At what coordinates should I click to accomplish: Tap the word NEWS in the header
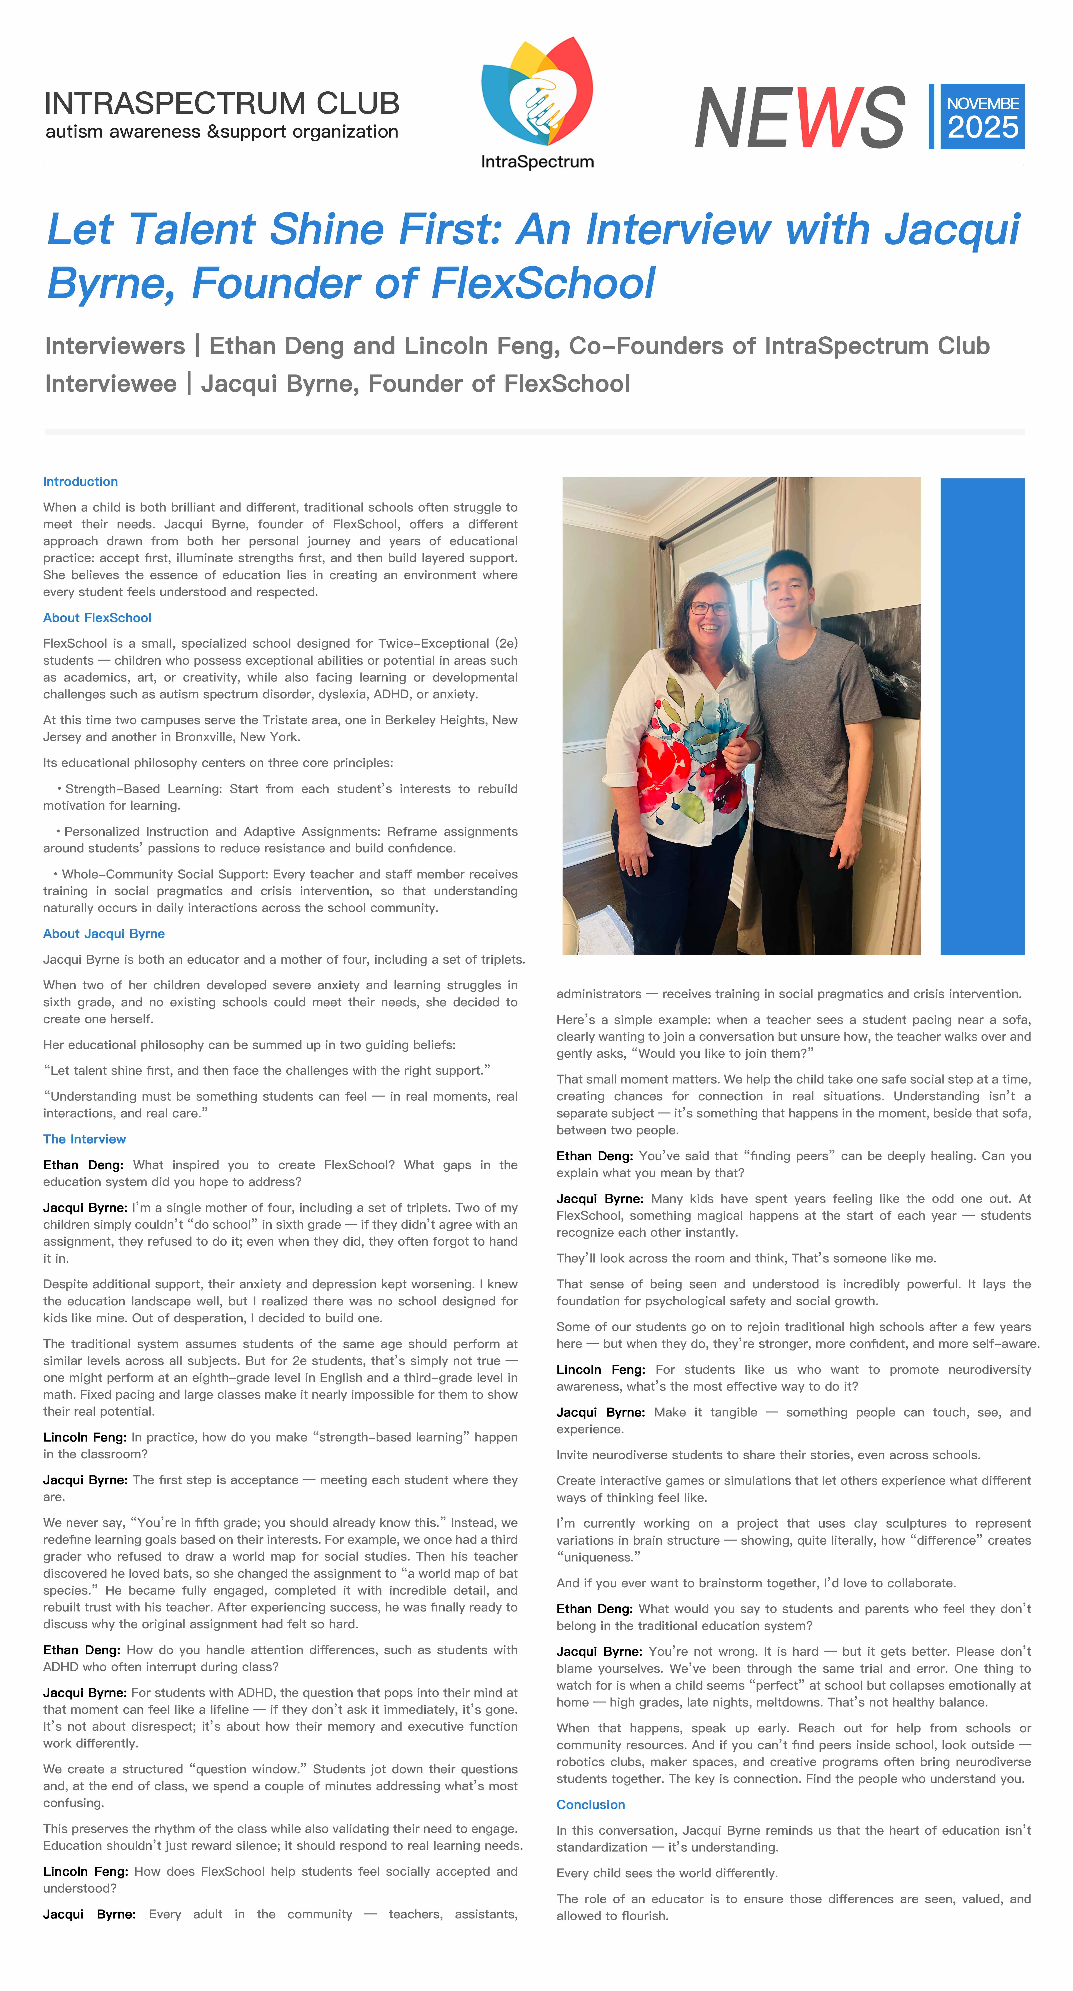pos(799,117)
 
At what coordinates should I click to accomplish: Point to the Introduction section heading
pos(80,482)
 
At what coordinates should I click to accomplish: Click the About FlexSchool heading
pos(97,617)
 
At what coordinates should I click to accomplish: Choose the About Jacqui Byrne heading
pos(104,934)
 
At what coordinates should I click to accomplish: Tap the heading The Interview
pos(84,1139)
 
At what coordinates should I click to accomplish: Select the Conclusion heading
pos(591,1805)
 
